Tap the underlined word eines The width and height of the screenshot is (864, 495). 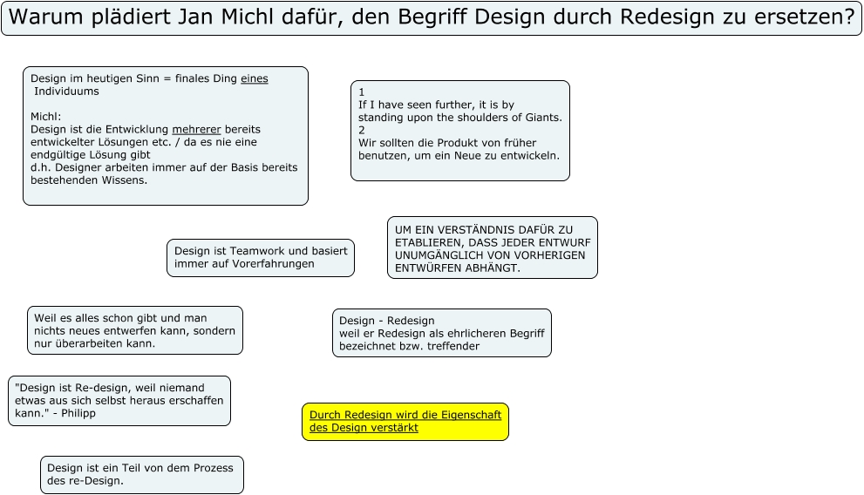[x=254, y=78]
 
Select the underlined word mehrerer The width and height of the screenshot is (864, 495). [x=196, y=129]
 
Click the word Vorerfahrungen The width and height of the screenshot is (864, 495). [x=273, y=263]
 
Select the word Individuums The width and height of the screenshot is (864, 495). [x=67, y=91]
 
